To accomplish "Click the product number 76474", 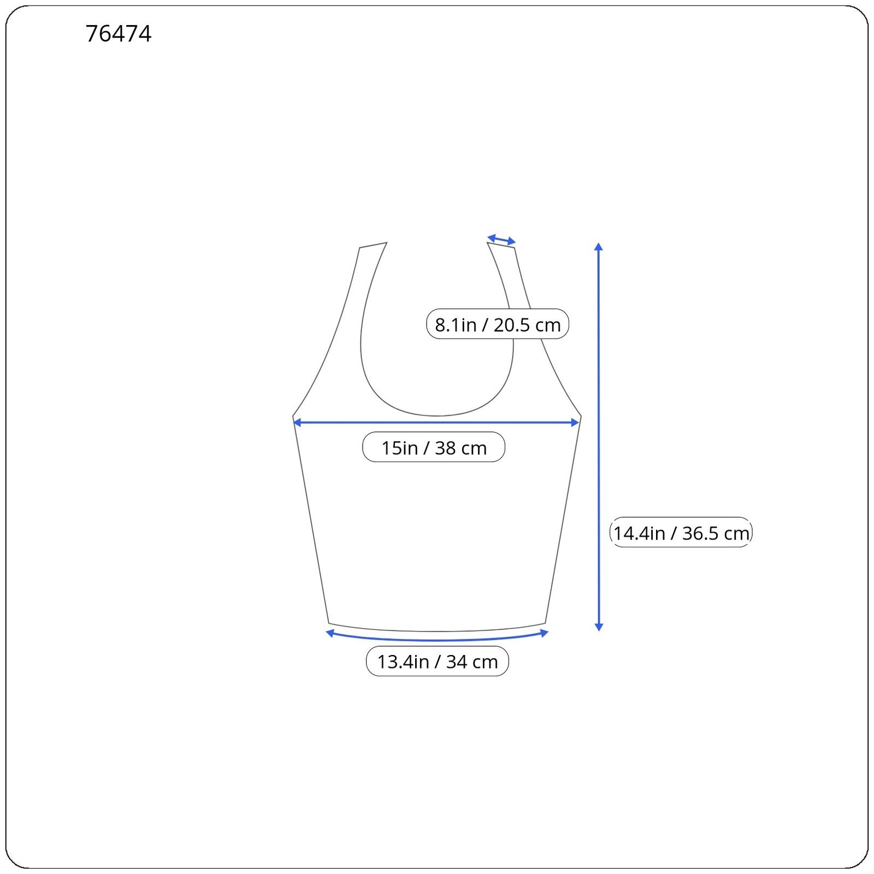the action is coord(119,34).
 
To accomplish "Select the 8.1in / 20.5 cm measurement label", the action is coord(498,324).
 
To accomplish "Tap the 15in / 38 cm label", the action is coord(434,447).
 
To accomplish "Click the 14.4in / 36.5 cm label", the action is coord(681,533).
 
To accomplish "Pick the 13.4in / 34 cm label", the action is coord(438,662).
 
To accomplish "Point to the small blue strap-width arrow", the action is coord(501,240).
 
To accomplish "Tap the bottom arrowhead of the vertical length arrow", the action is coord(599,627).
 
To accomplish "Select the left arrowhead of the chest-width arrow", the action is coord(297,422).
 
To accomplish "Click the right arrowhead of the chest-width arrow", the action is coord(575,422).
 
